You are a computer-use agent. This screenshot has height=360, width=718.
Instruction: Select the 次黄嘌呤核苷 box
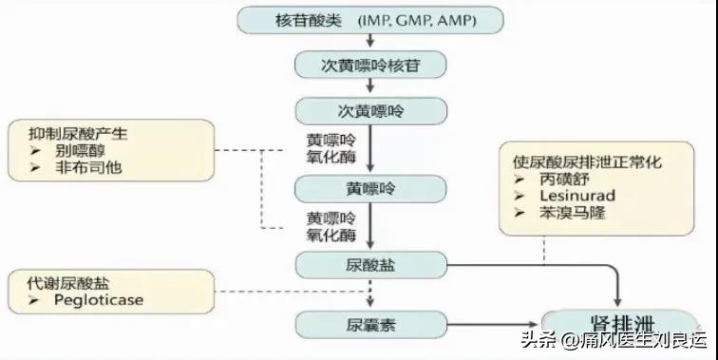pyautogui.click(x=370, y=65)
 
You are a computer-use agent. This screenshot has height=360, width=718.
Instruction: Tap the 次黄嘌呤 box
pyautogui.click(x=370, y=111)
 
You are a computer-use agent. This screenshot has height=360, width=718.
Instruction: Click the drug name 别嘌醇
pyautogui.click(x=73, y=151)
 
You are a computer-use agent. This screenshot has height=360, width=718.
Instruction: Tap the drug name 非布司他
pyautogui.click(x=81, y=168)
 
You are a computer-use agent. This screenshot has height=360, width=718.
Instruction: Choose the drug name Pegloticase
pyautogui.click(x=95, y=301)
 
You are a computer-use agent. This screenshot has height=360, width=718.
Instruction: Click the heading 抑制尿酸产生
pyautogui.click(x=66, y=134)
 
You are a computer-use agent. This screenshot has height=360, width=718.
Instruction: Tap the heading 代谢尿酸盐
pyautogui.click(x=59, y=283)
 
